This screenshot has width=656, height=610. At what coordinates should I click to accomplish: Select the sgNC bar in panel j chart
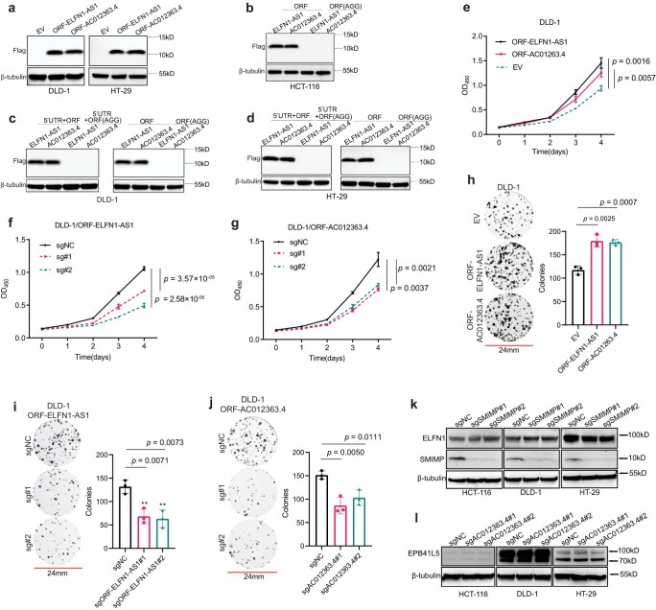click(x=350, y=508)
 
